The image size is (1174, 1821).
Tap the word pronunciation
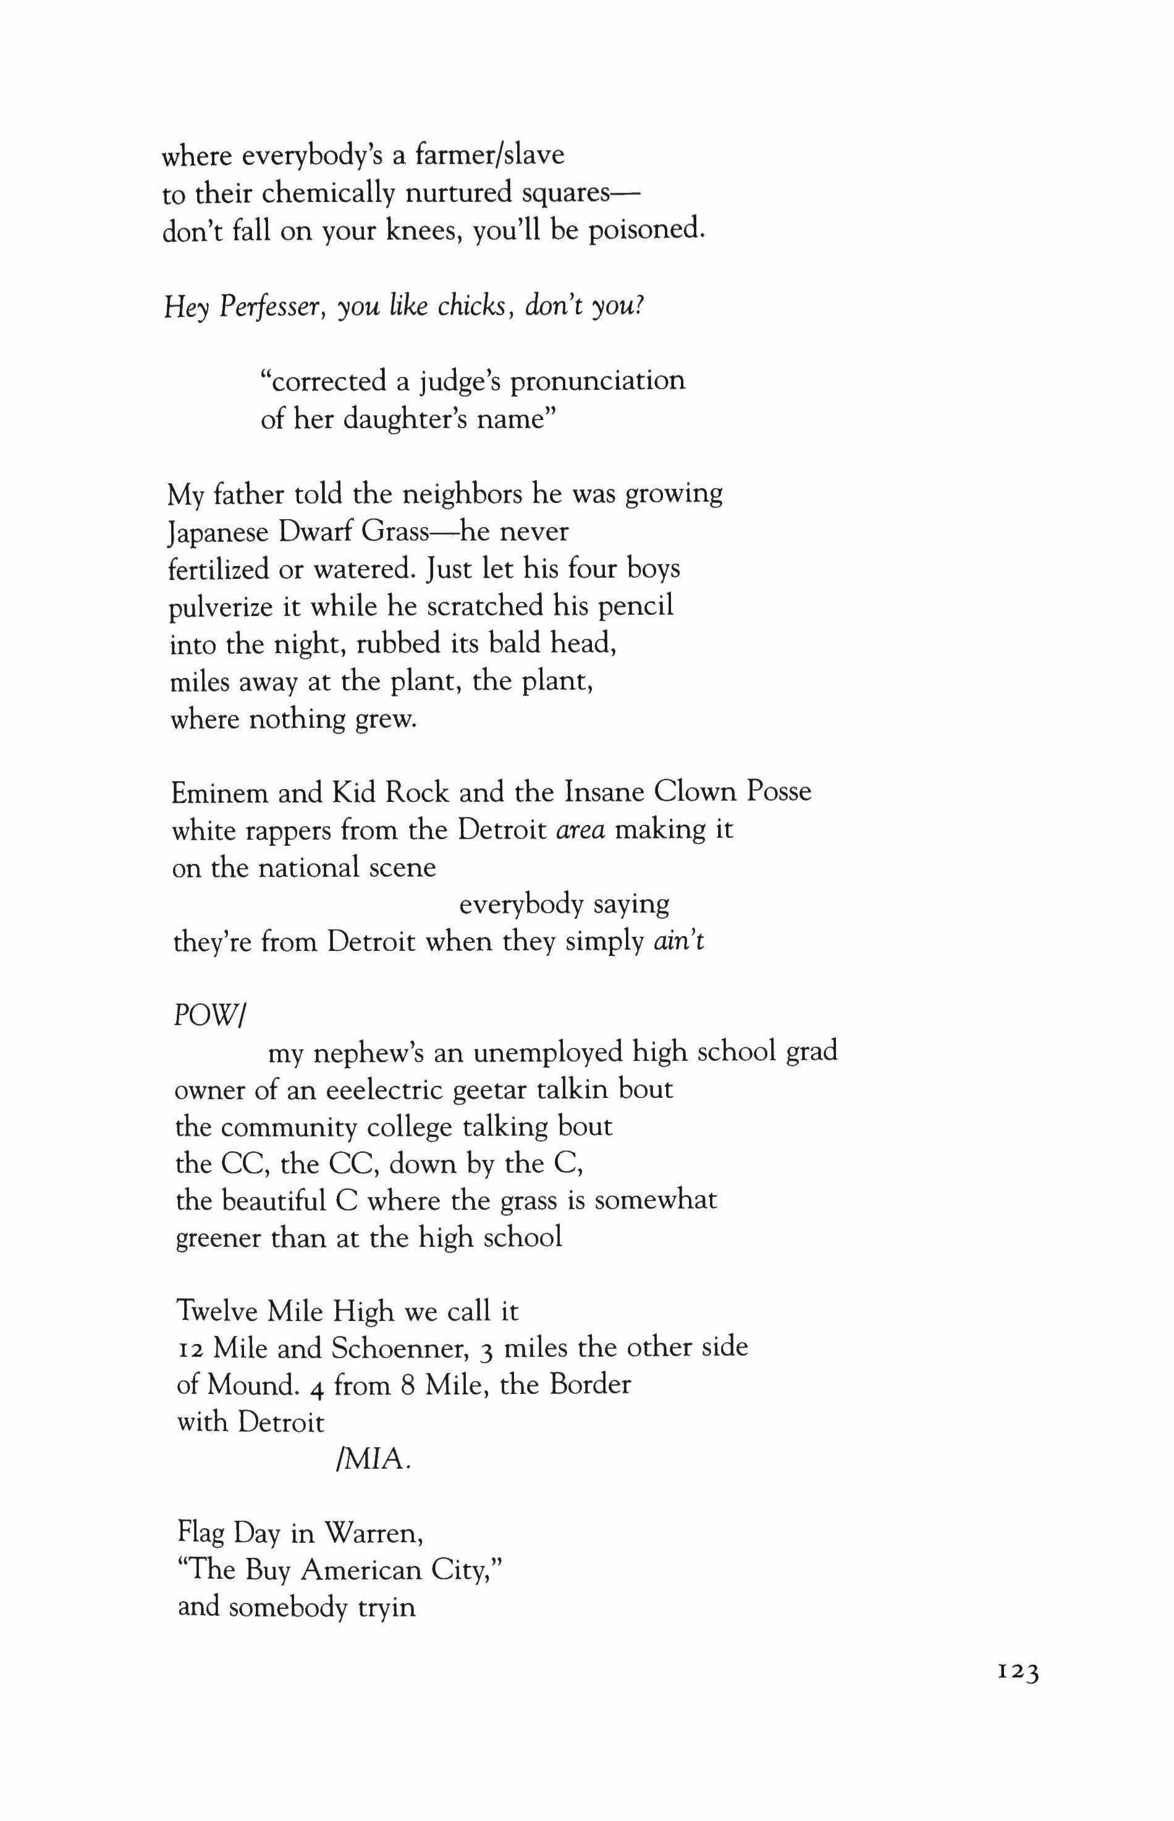click(597, 379)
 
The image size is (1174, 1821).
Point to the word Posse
click(779, 792)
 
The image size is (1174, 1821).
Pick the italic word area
click(581, 830)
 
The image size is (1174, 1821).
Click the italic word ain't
click(679, 942)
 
